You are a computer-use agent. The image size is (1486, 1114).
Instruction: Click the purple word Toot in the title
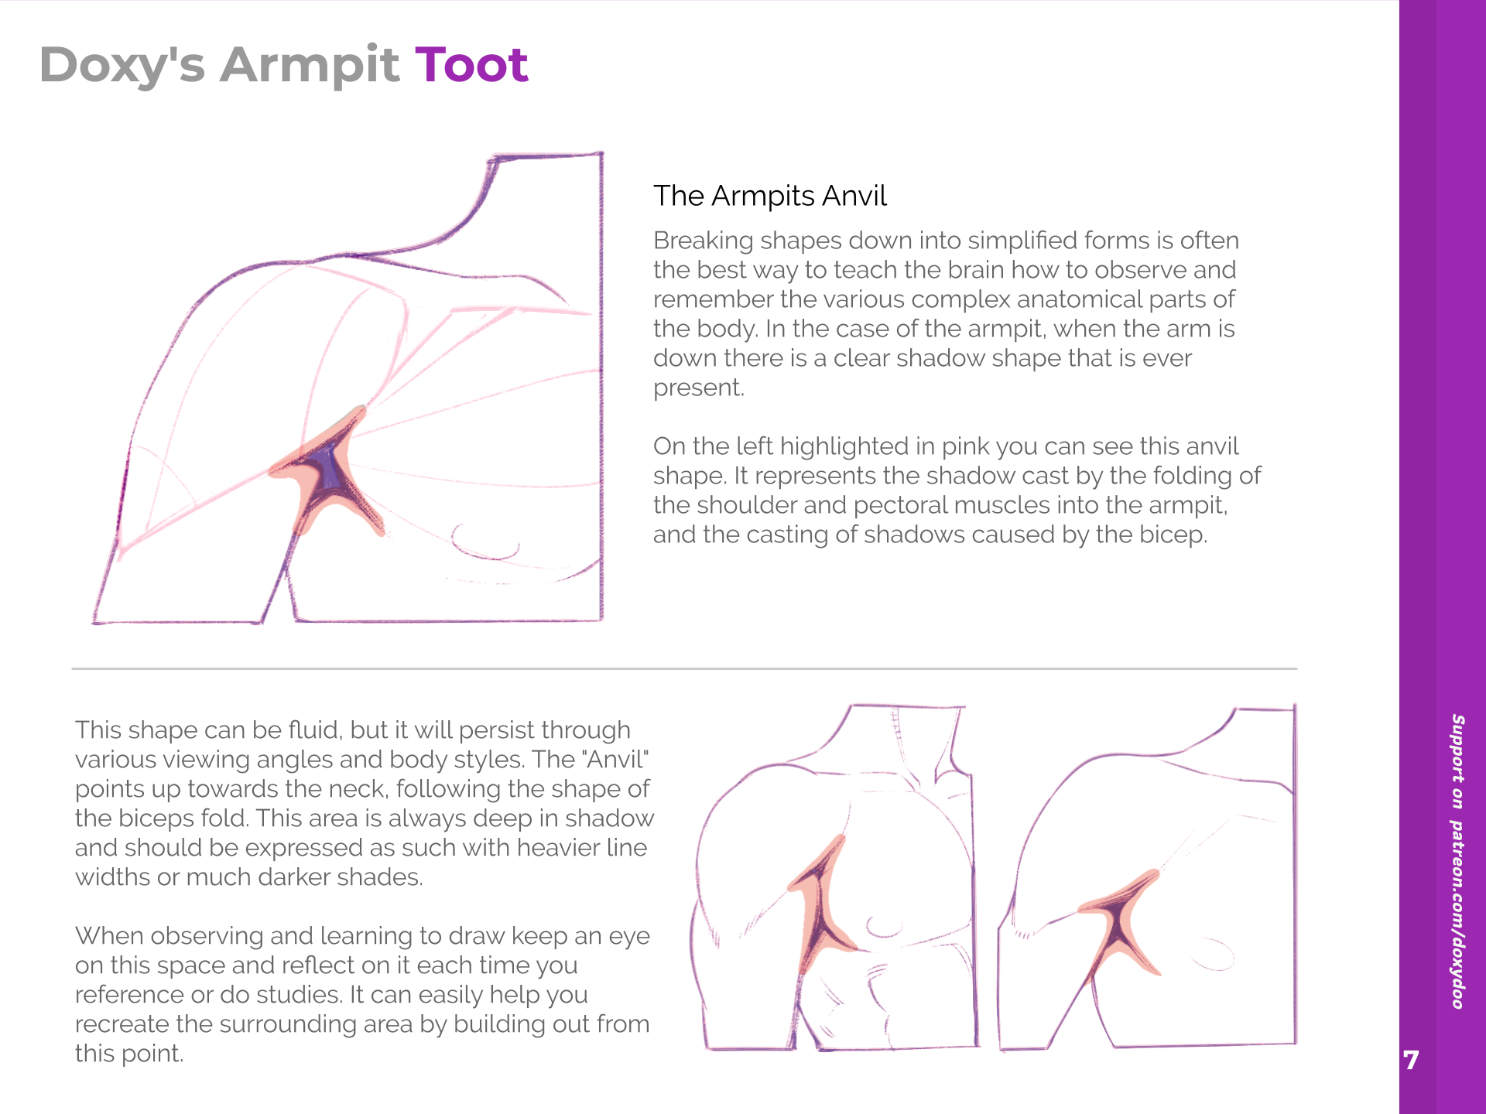coord(471,64)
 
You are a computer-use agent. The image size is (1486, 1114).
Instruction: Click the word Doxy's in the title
coord(122,66)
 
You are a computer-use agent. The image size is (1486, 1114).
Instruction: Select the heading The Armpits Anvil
coord(769,196)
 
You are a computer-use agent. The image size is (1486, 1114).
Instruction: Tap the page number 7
coord(1411,1060)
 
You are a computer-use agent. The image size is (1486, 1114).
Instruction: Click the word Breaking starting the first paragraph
coord(703,241)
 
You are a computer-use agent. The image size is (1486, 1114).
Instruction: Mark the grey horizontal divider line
coord(684,668)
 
